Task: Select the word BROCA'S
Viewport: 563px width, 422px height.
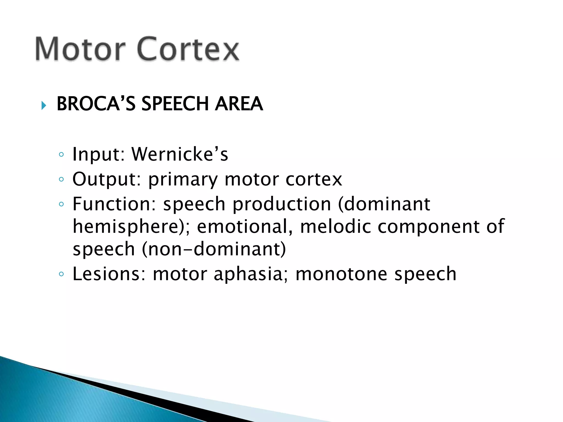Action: [96, 104]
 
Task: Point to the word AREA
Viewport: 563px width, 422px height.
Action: [239, 104]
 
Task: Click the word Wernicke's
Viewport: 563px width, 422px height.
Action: [180, 154]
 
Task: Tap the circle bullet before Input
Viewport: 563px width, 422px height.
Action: [61, 155]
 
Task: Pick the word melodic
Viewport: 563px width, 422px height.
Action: [335, 227]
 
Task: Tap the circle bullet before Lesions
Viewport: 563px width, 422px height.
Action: [61, 274]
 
